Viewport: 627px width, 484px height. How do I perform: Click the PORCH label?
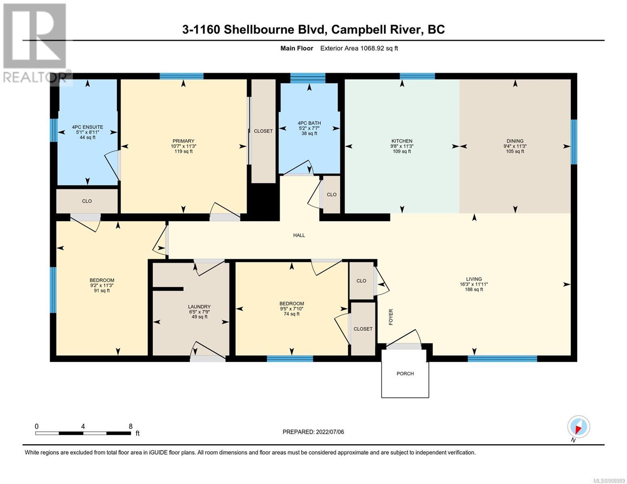click(405, 373)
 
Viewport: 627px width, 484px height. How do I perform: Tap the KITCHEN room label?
click(402, 141)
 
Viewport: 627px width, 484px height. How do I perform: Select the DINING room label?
click(515, 141)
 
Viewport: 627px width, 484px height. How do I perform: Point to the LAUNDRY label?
click(199, 307)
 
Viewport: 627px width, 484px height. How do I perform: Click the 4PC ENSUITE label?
click(88, 127)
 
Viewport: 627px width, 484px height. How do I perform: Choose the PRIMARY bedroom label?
click(183, 141)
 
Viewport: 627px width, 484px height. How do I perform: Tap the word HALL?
click(299, 235)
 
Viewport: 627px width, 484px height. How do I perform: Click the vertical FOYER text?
click(391, 317)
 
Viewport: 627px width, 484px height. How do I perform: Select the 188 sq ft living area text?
click(474, 290)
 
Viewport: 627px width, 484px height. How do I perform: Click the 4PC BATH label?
click(309, 123)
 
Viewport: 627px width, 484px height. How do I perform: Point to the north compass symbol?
click(579, 427)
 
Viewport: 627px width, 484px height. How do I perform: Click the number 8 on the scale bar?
click(131, 426)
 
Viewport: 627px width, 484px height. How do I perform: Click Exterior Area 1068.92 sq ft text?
click(359, 48)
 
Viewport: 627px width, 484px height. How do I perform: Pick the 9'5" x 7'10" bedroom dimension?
click(291, 309)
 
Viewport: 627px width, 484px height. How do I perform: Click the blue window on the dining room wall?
click(574, 142)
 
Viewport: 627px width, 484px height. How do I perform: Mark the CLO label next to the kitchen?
click(331, 194)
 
